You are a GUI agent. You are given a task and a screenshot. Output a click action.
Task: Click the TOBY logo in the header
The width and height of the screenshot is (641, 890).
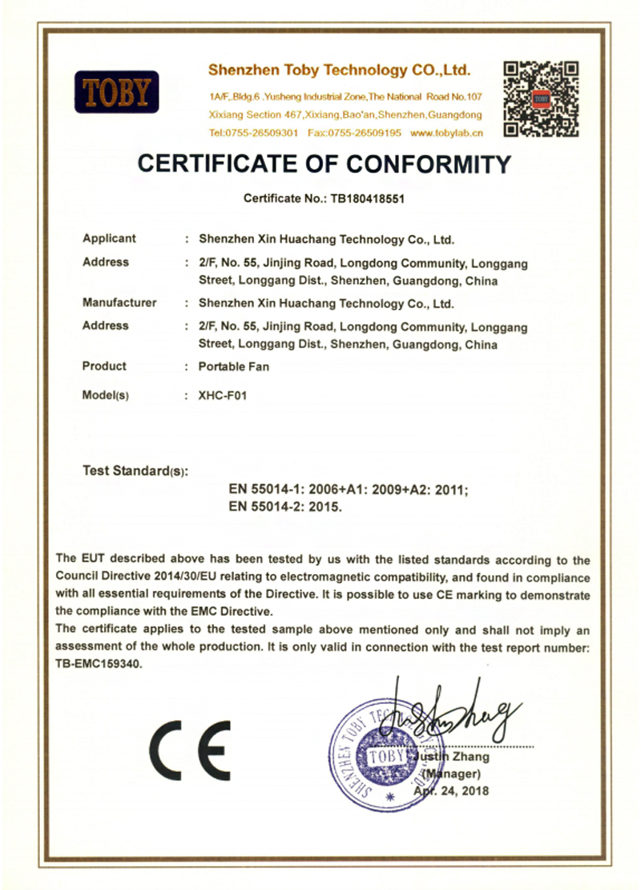pyautogui.click(x=116, y=93)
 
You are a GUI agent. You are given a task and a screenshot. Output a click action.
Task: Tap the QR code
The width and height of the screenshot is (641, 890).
pyautogui.click(x=541, y=99)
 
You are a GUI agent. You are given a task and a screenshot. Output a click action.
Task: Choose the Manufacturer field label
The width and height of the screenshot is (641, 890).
pyautogui.click(x=119, y=303)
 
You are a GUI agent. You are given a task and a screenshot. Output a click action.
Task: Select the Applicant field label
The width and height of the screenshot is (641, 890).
pyautogui.click(x=109, y=238)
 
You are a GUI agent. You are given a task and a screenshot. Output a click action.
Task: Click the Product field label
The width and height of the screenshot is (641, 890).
pyautogui.click(x=104, y=366)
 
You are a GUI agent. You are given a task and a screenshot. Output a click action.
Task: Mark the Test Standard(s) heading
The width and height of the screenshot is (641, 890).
pyautogui.click(x=135, y=471)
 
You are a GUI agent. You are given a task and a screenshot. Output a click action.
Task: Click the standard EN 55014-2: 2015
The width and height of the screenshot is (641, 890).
pyautogui.click(x=285, y=507)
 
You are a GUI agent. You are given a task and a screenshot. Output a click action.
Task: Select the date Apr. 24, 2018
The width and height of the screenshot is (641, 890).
pyautogui.click(x=451, y=791)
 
